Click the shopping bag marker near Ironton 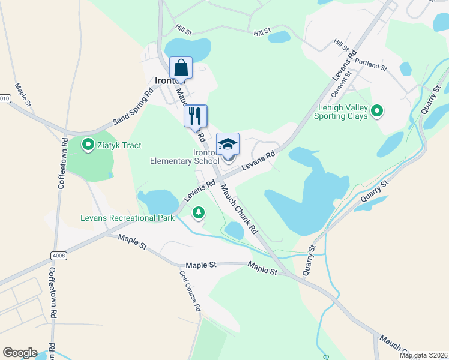pos(181,68)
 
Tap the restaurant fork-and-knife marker pos(195,116)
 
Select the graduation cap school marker pos(228,144)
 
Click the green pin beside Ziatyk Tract pos(88,144)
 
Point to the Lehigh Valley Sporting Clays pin pos(377,110)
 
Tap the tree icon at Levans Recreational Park pos(198,212)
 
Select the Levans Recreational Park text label pos(127,218)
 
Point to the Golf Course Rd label pos(191,291)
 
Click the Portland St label pos(370,64)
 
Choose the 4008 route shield pos(59,256)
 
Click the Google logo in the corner pos(20,353)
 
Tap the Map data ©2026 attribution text pos(423,355)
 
